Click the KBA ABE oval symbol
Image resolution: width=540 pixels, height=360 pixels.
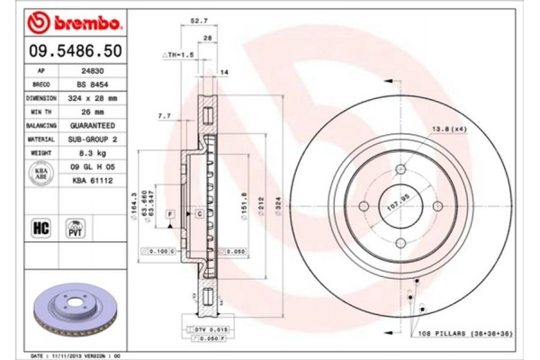[x=40, y=175]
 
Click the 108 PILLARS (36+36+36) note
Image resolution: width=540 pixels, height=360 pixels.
[x=463, y=335]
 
